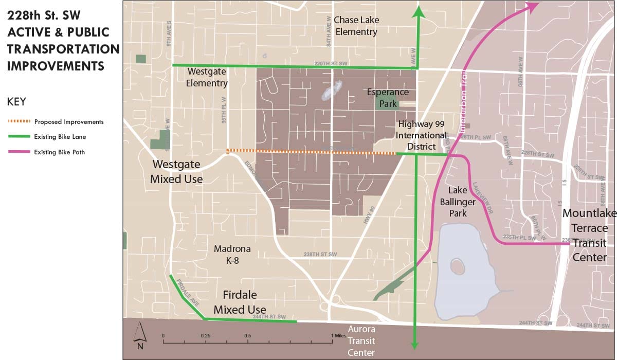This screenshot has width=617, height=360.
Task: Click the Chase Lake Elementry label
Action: point(356,26)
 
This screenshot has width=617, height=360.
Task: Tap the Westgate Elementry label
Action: point(207,77)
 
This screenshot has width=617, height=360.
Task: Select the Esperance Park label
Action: point(388,98)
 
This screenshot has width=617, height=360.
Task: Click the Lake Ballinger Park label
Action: point(458,201)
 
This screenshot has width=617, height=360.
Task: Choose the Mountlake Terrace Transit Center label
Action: point(585,235)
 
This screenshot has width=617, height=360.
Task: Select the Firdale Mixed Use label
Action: point(240,302)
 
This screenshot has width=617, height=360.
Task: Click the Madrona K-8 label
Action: point(232,255)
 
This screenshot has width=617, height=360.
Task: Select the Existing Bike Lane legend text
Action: point(60,137)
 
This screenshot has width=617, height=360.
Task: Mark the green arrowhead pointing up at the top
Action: point(420,12)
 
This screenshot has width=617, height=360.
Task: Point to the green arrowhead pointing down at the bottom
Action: point(414,345)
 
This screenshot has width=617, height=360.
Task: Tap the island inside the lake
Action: point(456,267)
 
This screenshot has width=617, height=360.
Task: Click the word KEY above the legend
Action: point(16,101)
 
